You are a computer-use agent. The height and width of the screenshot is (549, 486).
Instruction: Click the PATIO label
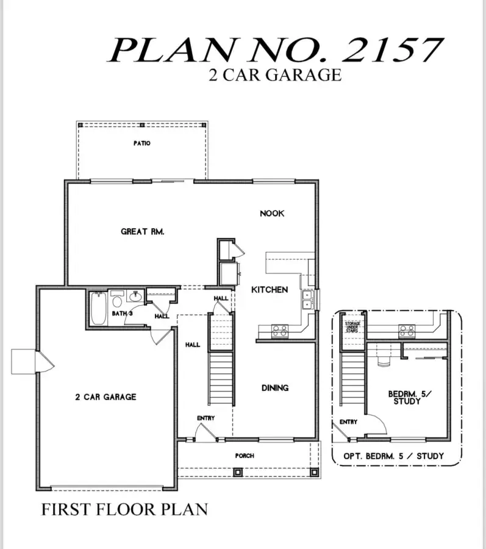tap(142, 143)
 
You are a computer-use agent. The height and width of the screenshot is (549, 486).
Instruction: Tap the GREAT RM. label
tap(143, 231)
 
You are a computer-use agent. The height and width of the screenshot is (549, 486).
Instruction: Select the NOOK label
tap(272, 213)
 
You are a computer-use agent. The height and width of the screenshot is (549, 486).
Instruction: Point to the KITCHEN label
tap(270, 290)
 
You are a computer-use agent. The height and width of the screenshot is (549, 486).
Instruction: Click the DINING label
tap(275, 387)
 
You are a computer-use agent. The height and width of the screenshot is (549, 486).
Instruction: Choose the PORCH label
tap(245, 456)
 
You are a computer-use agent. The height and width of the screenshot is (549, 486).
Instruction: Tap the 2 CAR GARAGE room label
tap(105, 396)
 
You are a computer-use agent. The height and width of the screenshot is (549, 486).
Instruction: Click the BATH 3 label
tap(122, 313)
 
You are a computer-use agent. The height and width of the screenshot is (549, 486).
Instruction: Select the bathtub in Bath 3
tap(99, 309)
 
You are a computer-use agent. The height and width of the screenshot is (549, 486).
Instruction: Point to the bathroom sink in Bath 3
tap(135, 296)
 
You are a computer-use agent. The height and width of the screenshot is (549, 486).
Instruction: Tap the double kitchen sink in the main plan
tap(307, 300)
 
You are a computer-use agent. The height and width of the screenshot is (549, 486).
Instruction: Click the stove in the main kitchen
tap(280, 331)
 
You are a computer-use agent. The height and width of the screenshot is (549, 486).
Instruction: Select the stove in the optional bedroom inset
tap(407, 331)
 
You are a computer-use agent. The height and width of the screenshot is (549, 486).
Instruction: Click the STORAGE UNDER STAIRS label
tap(352, 327)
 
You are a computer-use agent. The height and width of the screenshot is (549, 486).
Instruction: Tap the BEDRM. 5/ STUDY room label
tap(409, 397)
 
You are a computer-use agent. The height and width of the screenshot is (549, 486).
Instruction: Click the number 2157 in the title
tap(393, 50)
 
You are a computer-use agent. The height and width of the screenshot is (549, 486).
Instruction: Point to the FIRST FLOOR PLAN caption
tap(124, 509)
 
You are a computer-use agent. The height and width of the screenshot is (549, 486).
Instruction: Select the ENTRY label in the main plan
tap(205, 418)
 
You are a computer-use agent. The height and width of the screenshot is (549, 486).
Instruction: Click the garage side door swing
tap(46, 362)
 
